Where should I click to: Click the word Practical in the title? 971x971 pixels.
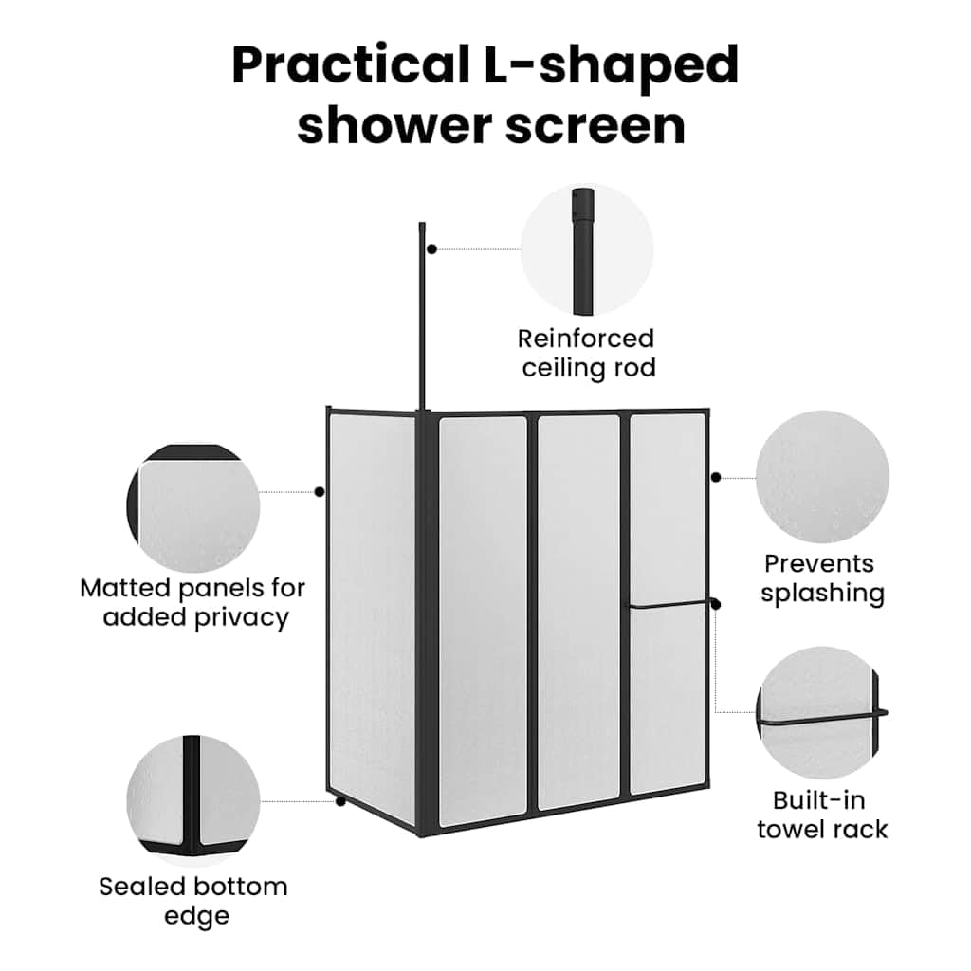click(351, 64)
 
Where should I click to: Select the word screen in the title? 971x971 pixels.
click(595, 126)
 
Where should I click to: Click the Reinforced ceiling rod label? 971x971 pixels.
click(587, 353)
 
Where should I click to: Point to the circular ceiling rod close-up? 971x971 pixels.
click(586, 249)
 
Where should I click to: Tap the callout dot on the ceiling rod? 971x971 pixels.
click(432, 249)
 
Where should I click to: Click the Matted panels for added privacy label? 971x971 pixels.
click(193, 602)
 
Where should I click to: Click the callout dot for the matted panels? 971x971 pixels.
click(320, 492)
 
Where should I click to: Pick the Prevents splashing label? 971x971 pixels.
click(822, 578)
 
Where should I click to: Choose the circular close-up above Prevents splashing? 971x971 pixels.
click(822, 477)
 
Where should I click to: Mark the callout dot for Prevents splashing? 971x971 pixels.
click(716, 477)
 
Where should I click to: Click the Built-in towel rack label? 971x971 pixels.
click(822, 815)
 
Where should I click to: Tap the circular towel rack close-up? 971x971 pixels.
click(822, 713)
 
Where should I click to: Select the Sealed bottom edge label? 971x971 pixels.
click(193, 901)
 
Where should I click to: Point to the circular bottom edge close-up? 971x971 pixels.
click(193, 801)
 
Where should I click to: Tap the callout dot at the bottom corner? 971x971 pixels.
click(340, 801)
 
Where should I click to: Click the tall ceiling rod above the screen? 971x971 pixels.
click(422, 316)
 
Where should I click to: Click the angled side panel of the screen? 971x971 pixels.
click(372, 618)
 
